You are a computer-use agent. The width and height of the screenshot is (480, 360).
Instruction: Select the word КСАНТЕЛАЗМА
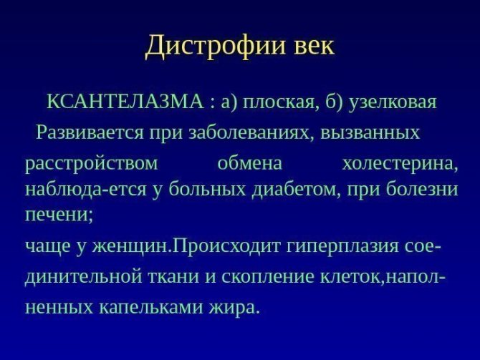(x=125, y=102)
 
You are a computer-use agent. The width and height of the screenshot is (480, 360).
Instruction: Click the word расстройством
(x=92, y=164)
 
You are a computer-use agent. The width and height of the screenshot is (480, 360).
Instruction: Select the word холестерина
(x=400, y=164)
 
